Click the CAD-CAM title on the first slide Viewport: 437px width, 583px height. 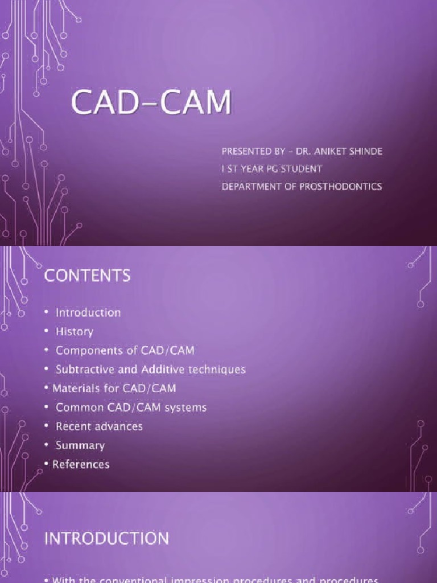[x=151, y=105]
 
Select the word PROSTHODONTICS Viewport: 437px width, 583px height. [x=340, y=186]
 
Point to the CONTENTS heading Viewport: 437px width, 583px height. [x=87, y=276]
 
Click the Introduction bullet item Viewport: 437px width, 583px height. [x=88, y=313]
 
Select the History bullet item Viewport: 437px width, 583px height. [x=75, y=331]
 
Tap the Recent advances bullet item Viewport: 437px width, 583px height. [x=99, y=426]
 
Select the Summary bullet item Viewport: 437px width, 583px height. [x=80, y=445]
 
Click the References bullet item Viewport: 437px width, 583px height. [x=81, y=464]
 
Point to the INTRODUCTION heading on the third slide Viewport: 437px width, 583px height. [x=106, y=538]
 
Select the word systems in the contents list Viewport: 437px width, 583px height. [x=187, y=407]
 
